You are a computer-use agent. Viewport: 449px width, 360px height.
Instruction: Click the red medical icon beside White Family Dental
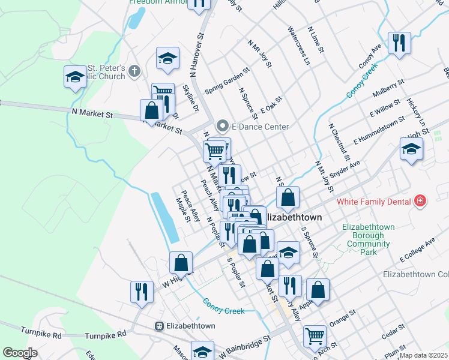point(420,202)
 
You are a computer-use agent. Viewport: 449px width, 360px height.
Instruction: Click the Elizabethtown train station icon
point(159,326)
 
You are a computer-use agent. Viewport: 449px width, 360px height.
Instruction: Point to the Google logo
point(20,353)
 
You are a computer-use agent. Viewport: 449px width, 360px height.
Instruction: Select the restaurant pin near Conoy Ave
point(399,43)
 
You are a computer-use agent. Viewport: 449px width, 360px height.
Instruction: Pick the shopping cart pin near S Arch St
point(315,337)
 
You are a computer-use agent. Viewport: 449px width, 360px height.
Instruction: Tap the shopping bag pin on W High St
point(181,263)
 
